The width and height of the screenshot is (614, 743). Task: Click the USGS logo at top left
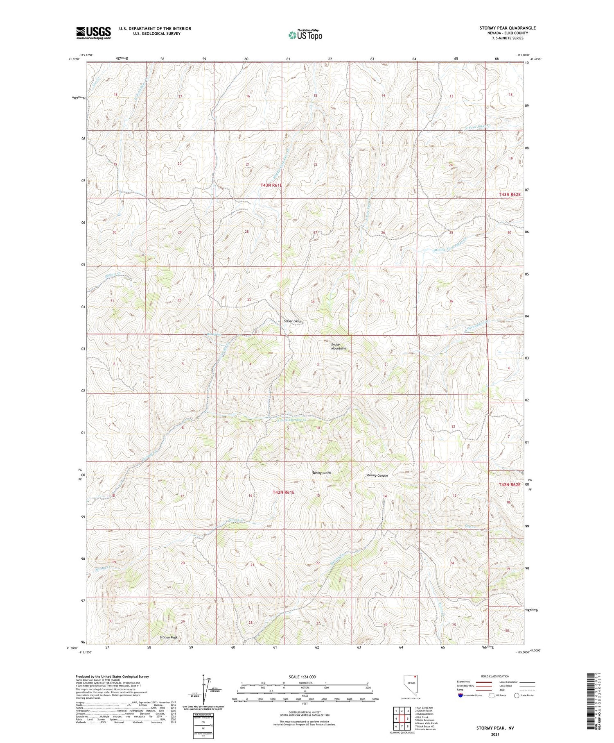point(93,33)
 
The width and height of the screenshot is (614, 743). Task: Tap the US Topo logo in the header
point(305,35)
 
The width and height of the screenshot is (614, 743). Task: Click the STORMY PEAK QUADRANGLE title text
point(507,28)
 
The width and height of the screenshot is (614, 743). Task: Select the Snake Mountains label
point(339,346)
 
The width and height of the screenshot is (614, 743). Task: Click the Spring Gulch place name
point(321,473)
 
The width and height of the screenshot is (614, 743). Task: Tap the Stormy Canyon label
point(377,475)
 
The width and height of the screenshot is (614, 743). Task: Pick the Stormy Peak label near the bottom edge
point(168,638)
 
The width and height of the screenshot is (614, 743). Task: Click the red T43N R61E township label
point(271,185)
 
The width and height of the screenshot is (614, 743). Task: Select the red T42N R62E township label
point(510,484)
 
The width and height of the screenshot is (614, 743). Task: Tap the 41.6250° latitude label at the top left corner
point(74,59)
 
